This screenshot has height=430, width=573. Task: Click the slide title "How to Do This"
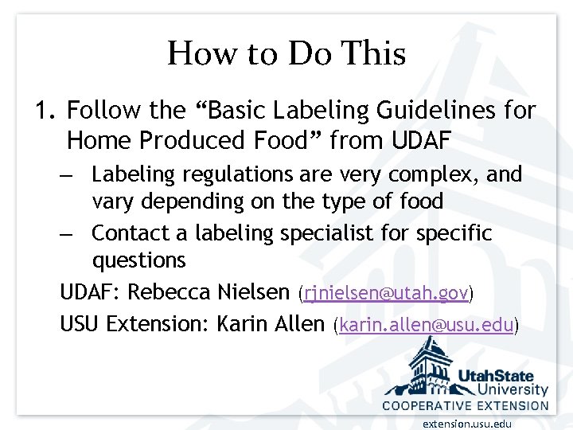click(286, 54)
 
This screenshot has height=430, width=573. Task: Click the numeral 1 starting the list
click(43, 111)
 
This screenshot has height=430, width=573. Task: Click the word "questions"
click(138, 260)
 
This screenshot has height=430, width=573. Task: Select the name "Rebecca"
click(165, 293)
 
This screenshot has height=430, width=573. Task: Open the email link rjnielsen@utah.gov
click(386, 294)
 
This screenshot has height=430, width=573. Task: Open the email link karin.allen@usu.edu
click(427, 325)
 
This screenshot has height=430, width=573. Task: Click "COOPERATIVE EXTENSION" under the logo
click(466, 405)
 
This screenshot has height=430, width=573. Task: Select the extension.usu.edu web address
click(467, 423)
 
